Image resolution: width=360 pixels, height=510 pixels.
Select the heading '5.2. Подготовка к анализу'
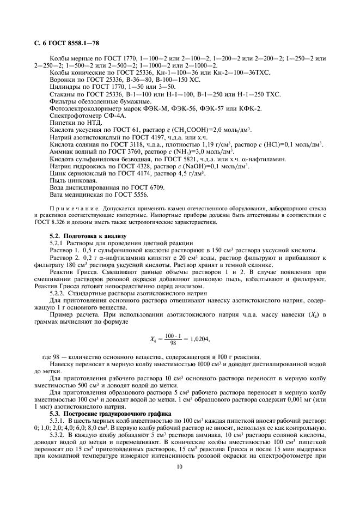point(88,235)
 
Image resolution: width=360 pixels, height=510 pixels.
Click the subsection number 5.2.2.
point(58,293)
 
